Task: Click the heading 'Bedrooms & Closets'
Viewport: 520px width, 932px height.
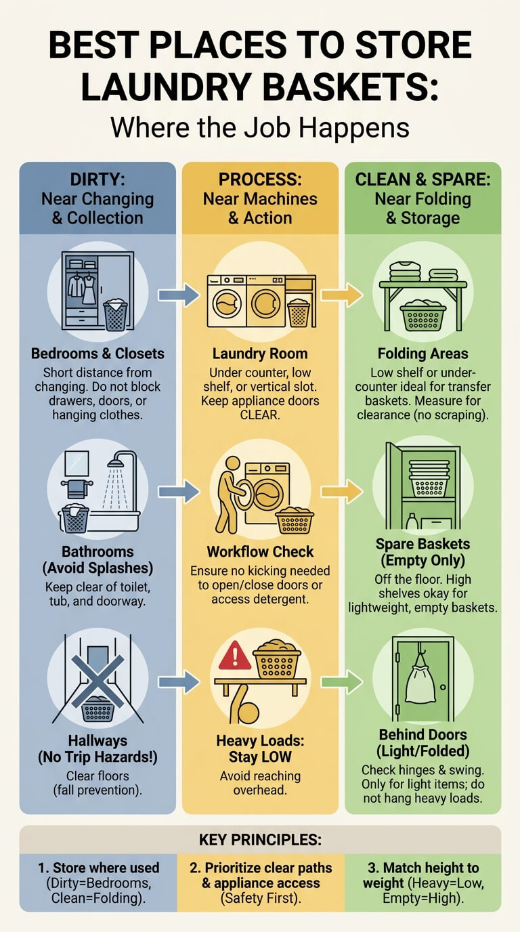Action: [97, 354]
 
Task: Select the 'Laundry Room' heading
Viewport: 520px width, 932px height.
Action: [260, 354]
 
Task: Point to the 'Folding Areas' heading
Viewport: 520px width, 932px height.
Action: [422, 354]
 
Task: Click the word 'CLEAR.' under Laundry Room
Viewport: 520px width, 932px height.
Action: [260, 415]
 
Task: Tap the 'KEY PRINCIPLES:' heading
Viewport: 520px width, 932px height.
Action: [260, 840]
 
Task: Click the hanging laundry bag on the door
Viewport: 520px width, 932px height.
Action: [420, 681]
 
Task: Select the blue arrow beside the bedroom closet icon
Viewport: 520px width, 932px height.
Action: [179, 295]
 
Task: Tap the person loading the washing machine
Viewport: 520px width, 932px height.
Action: [230, 494]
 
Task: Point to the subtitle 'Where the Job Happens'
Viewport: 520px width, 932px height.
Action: [260, 127]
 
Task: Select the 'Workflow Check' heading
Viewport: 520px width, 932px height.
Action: [260, 552]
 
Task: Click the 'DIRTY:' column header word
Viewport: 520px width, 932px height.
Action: [97, 179]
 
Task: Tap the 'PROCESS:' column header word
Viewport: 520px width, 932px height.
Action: [260, 179]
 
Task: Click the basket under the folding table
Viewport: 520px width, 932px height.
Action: [423, 316]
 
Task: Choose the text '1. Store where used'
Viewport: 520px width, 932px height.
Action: [99, 868]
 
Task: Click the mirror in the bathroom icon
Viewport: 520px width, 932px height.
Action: [77, 463]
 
